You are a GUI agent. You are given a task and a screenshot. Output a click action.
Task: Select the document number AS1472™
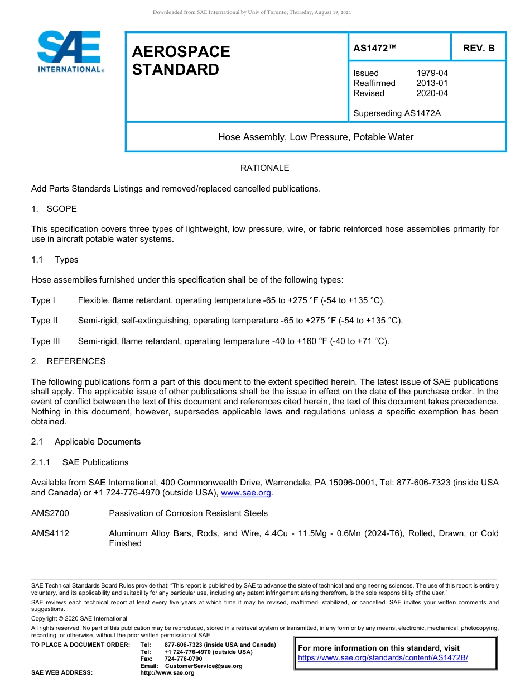(x=374, y=48)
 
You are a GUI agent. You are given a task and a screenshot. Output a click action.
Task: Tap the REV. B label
(x=478, y=48)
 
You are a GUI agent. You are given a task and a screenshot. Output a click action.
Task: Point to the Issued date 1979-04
(x=432, y=73)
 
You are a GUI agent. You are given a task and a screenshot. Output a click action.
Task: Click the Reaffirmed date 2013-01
(x=432, y=83)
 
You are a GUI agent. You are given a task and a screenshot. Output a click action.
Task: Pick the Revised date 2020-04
(x=432, y=93)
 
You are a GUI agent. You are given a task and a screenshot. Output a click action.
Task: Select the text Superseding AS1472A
(x=397, y=113)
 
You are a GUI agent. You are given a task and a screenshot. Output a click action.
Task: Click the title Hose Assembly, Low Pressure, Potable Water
(x=316, y=137)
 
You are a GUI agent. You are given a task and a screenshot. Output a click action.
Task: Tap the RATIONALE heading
(x=264, y=168)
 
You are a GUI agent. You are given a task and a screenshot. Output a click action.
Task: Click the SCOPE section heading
(x=61, y=209)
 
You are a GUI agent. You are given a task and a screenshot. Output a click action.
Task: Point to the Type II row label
(x=45, y=321)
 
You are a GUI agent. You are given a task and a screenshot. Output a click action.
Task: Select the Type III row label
(x=46, y=341)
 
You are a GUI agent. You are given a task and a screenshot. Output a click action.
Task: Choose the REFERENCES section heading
(x=76, y=361)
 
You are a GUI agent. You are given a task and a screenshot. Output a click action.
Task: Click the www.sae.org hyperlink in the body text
(x=246, y=493)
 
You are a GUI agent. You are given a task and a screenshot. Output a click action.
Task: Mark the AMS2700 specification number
(x=50, y=513)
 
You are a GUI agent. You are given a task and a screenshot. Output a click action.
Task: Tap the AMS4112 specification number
(x=50, y=533)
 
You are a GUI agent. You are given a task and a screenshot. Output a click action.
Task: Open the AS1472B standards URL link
(x=383, y=657)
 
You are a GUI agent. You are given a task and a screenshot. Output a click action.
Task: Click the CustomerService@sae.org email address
(x=204, y=666)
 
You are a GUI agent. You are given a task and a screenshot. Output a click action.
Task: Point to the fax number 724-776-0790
(x=183, y=659)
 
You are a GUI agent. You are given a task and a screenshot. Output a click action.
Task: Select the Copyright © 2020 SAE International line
(x=79, y=618)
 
